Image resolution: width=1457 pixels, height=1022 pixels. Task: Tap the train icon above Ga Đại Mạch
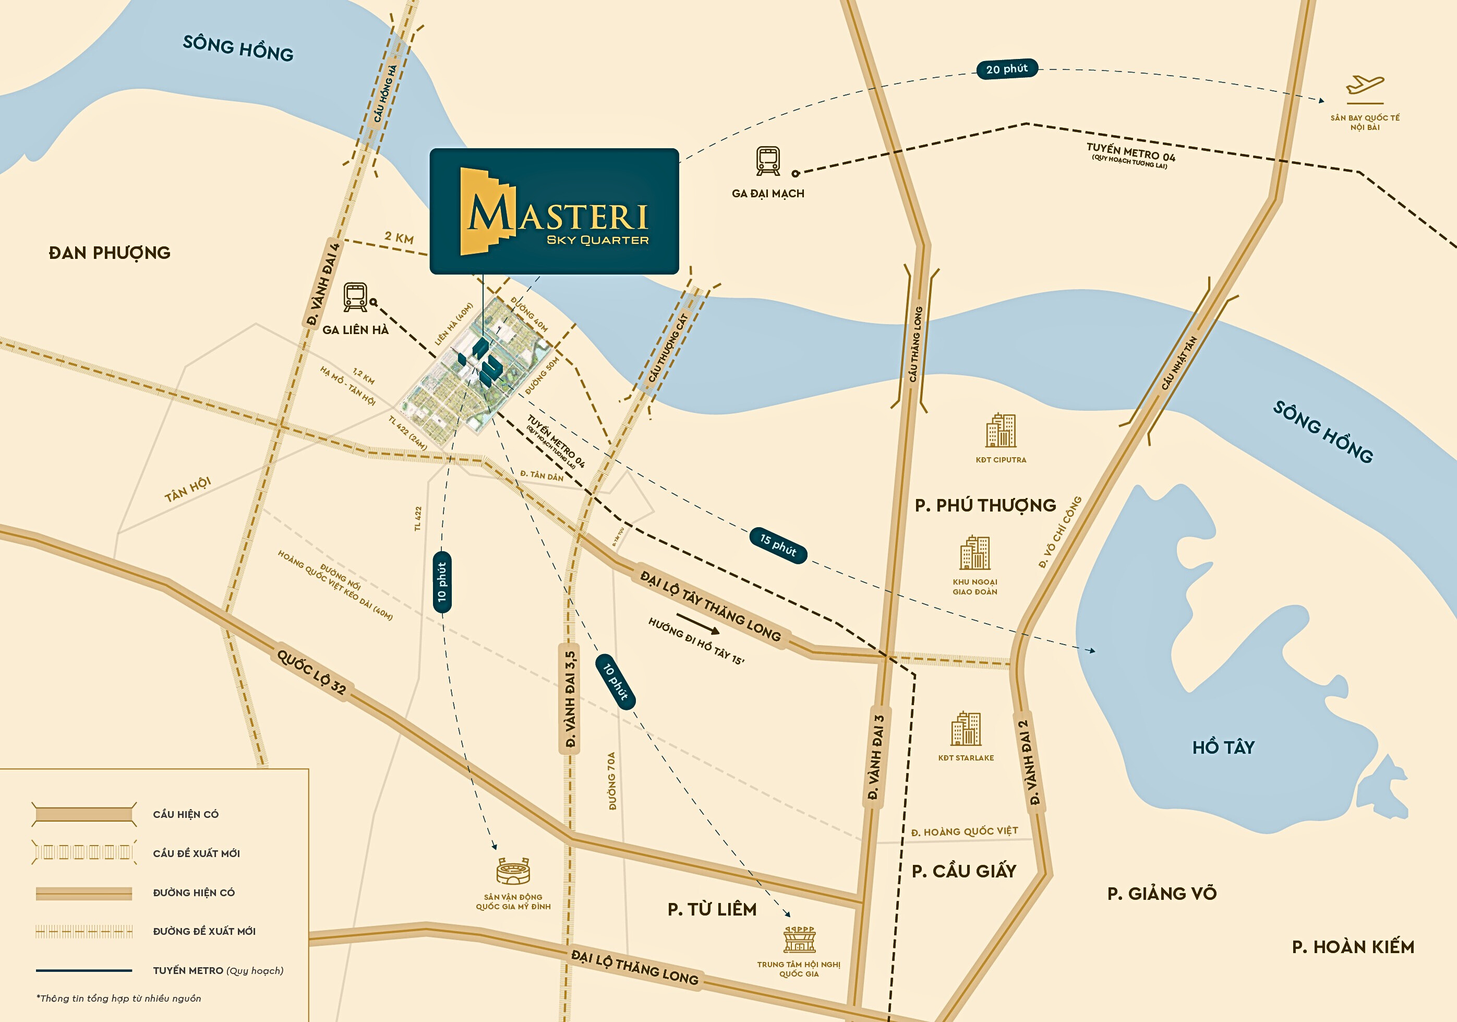tap(768, 161)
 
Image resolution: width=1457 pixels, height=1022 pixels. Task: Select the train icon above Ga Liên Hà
tap(355, 296)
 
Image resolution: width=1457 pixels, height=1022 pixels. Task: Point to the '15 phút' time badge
tap(778, 544)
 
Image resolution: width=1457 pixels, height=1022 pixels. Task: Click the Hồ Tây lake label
tap(1223, 747)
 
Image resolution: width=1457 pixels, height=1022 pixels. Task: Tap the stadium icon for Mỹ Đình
tap(513, 872)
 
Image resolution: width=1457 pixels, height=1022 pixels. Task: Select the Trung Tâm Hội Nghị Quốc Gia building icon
tap(799, 940)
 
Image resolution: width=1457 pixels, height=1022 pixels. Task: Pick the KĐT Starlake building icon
tap(966, 729)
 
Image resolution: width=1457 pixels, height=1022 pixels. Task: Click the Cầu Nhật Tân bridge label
tap(1179, 363)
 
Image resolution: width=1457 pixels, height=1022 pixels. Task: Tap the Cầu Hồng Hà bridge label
tap(384, 94)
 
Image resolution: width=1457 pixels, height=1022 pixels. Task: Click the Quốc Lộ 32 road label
tap(311, 672)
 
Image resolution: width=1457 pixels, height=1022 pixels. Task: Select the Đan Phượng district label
tap(110, 253)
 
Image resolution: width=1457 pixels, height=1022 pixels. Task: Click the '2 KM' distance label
tap(399, 238)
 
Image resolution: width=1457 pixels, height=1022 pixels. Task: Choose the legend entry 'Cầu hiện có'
tap(185, 814)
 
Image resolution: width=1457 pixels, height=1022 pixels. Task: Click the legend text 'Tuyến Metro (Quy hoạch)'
tap(218, 970)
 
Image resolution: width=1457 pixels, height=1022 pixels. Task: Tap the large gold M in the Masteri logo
tap(489, 213)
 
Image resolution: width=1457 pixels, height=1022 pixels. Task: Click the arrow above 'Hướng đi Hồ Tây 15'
tap(697, 623)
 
